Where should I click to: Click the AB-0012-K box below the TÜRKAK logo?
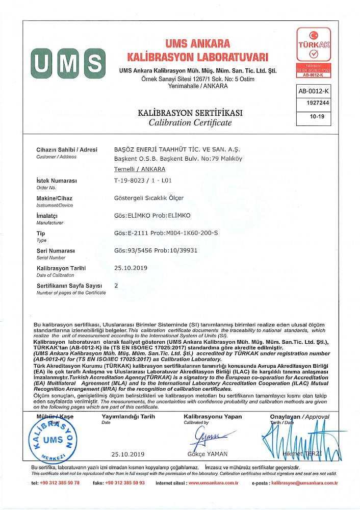tap(314, 91)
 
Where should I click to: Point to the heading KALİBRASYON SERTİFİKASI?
tap(190, 113)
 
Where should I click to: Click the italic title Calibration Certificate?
tap(190, 123)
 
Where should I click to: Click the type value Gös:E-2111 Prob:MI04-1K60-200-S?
tap(167, 233)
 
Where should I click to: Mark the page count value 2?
tap(116, 285)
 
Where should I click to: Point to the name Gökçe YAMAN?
tap(207, 454)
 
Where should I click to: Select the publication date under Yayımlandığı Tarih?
tap(128, 454)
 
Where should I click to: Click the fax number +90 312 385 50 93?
tap(125, 482)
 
